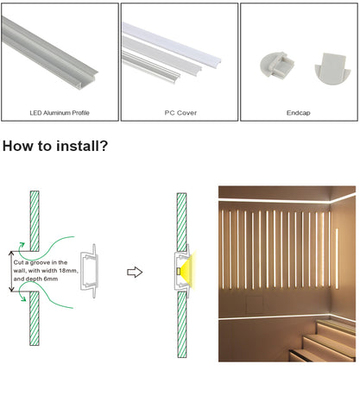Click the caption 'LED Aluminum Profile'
click(x=60, y=113)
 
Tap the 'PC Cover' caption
click(x=180, y=113)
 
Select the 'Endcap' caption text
click(x=299, y=113)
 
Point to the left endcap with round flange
click(x=276, y=66)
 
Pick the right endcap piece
click(x=333, y=68)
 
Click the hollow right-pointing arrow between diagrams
click(x=135, y=272)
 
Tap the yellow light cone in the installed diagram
click(x=188, y=271)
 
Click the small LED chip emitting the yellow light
click(x=179, y=271)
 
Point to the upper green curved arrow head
click(x=21, y=245)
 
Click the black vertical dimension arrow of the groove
click(x=11, y=272)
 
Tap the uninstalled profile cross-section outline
click(x=90, y=271)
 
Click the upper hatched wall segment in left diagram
click(x=35, y=221)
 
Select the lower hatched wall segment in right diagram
click(x=182, y=324)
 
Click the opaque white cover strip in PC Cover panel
click(x=172, y=43)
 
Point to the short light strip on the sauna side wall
click(x=338, y=258)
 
